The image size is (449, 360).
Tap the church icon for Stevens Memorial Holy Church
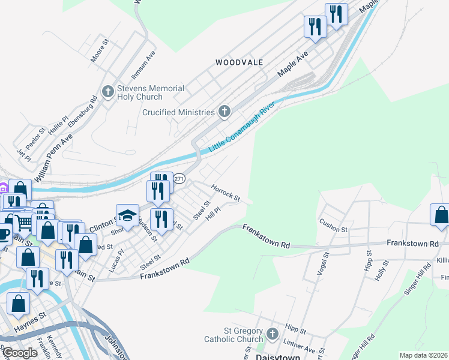click(108, 92)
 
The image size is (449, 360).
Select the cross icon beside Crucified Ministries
click(224, 111)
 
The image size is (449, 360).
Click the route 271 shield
click(179, 179)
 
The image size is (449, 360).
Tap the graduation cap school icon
click(128, 215)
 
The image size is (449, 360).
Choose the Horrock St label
click(226, 193)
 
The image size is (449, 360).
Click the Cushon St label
click(334, 226)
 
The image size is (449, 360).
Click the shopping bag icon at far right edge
click(441, 215)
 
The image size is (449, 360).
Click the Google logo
click(19, 353)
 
